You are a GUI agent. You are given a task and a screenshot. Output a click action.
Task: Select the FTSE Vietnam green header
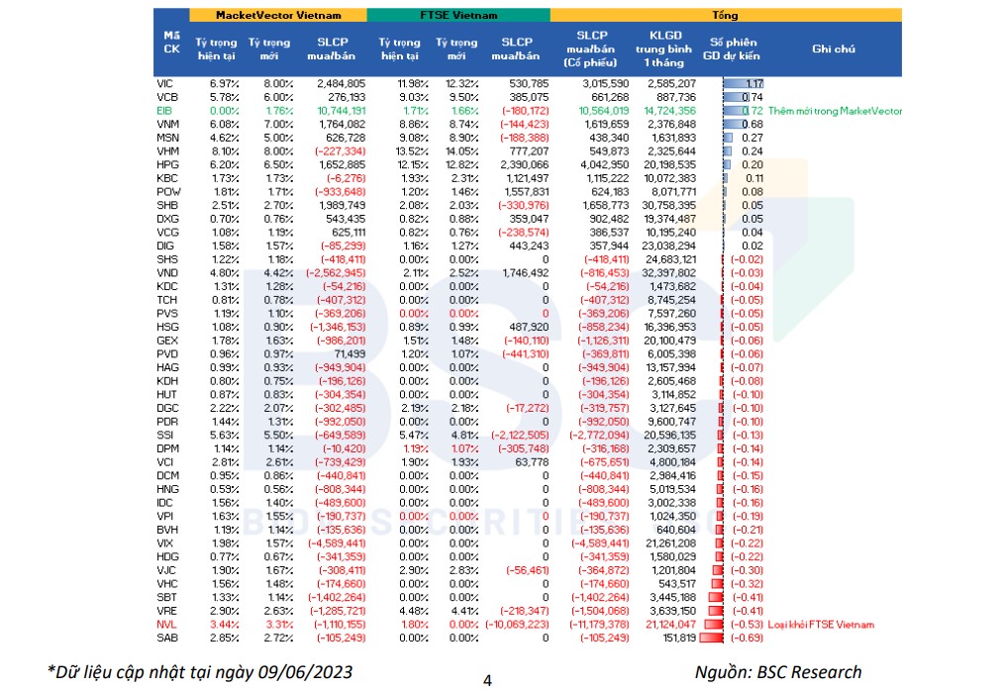click(x=458, y=16)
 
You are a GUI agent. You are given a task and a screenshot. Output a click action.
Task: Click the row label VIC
click(x=164, y=83)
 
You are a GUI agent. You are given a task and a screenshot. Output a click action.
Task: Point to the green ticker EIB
click(x=164, y=111)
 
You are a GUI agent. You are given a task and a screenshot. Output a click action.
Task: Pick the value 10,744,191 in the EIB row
click(x=340, y=111)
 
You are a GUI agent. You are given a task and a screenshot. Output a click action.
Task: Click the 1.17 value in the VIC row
click(x=753, y=83)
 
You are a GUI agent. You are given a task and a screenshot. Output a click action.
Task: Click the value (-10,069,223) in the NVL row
click(x=515, y=625)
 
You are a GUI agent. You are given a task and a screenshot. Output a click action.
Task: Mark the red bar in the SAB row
click(x=711, y=639)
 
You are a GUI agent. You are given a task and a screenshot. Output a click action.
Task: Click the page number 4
click(x=487, y=680)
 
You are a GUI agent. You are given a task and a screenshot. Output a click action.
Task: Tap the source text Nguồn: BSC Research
click(x=777, y=672)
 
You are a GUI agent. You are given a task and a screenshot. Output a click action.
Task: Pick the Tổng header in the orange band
click(x=738, y=16)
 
